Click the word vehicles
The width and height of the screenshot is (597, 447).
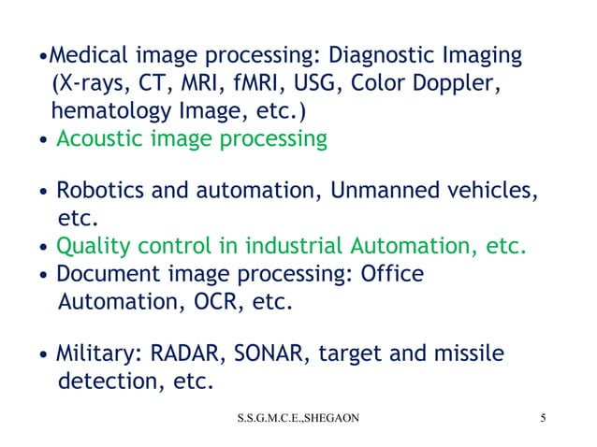click(x=496, y=193)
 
